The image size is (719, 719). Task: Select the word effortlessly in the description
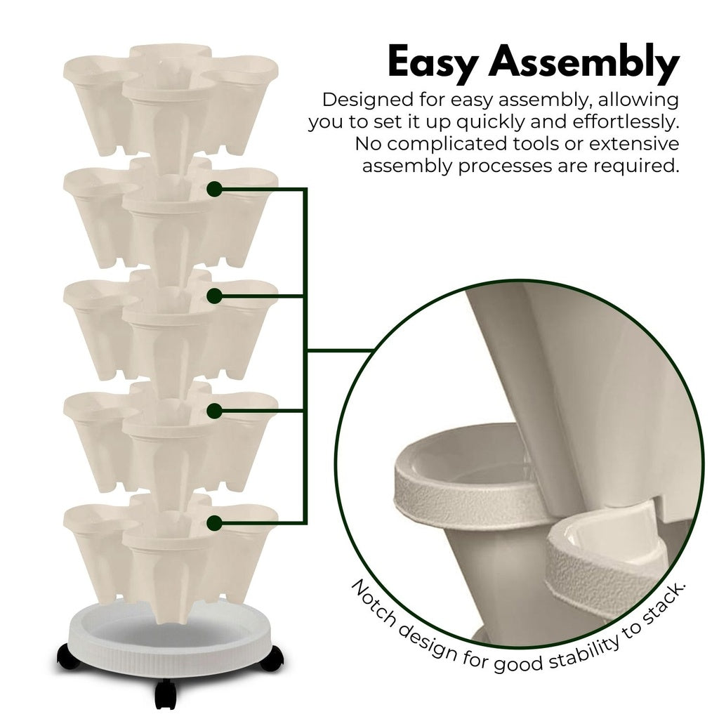click(x=626, y=121)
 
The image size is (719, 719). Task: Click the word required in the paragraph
click(x=636, y=166)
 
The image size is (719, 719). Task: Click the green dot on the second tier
click(x=215, y=189)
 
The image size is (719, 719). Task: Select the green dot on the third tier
click(x=215, y=297)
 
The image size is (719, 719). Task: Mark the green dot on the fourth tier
click(x=215, y=411)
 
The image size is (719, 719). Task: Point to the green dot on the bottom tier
click(x=215, y=522)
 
